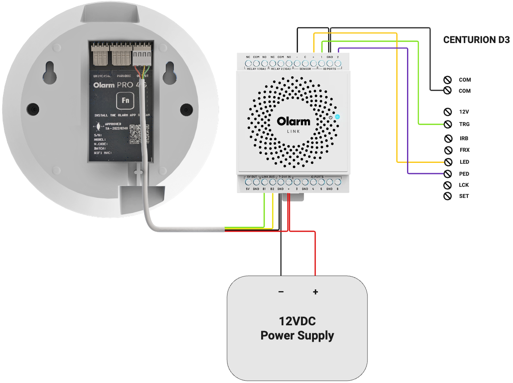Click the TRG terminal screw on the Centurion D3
[448, 124]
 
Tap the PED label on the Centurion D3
[464, 174]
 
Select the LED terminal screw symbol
[448, 162]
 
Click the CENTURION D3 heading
[476, 40]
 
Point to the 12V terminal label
[464, 112]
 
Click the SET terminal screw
[448, 196]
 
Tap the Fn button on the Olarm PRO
[125, 100]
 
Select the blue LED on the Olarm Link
[337, 117]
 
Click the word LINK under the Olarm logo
[294, 132]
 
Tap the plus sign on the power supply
[315, 292]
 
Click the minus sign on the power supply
[281, 292]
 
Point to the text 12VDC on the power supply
[297, 321]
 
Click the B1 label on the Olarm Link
[265, 190]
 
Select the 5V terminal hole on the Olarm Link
[248, 182]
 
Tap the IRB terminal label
[464, 138]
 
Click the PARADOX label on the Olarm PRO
[124, 76]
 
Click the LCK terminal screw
[448, 185]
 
